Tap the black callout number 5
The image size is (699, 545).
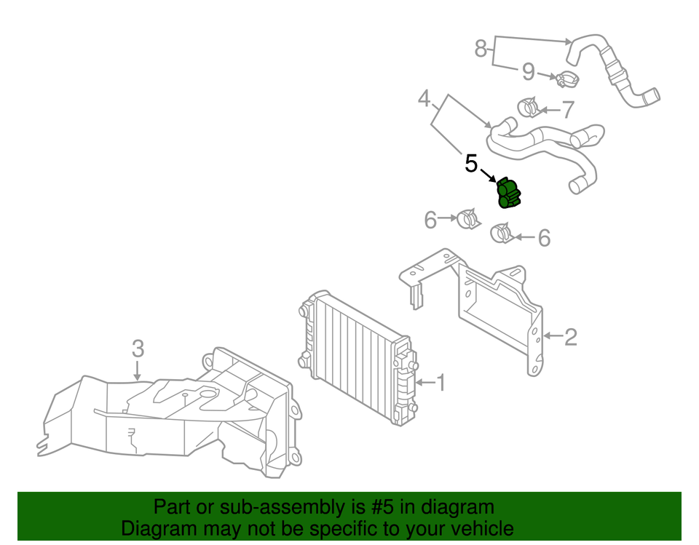click(x=471, y=164)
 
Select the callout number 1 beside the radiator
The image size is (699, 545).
click(x=441, y=381)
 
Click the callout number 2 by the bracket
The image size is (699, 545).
click(x=571, y=336)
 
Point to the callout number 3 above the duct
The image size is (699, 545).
click(x=138, y=349)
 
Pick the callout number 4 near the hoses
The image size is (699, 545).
click(x=424, y=99)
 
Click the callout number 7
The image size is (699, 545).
click(x=568, y=111)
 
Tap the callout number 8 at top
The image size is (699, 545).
click(x=481, y=48)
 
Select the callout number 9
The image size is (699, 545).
click(x=529, y=71)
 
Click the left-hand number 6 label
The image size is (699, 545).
click(x=430, y=219)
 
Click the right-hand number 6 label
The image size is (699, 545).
click(x=544, y=238)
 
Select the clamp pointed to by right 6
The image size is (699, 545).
click(x=502, y=234)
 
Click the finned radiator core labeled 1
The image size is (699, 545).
click(x=357, y=349)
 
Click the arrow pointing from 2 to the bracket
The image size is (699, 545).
click(x=552, y=336)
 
